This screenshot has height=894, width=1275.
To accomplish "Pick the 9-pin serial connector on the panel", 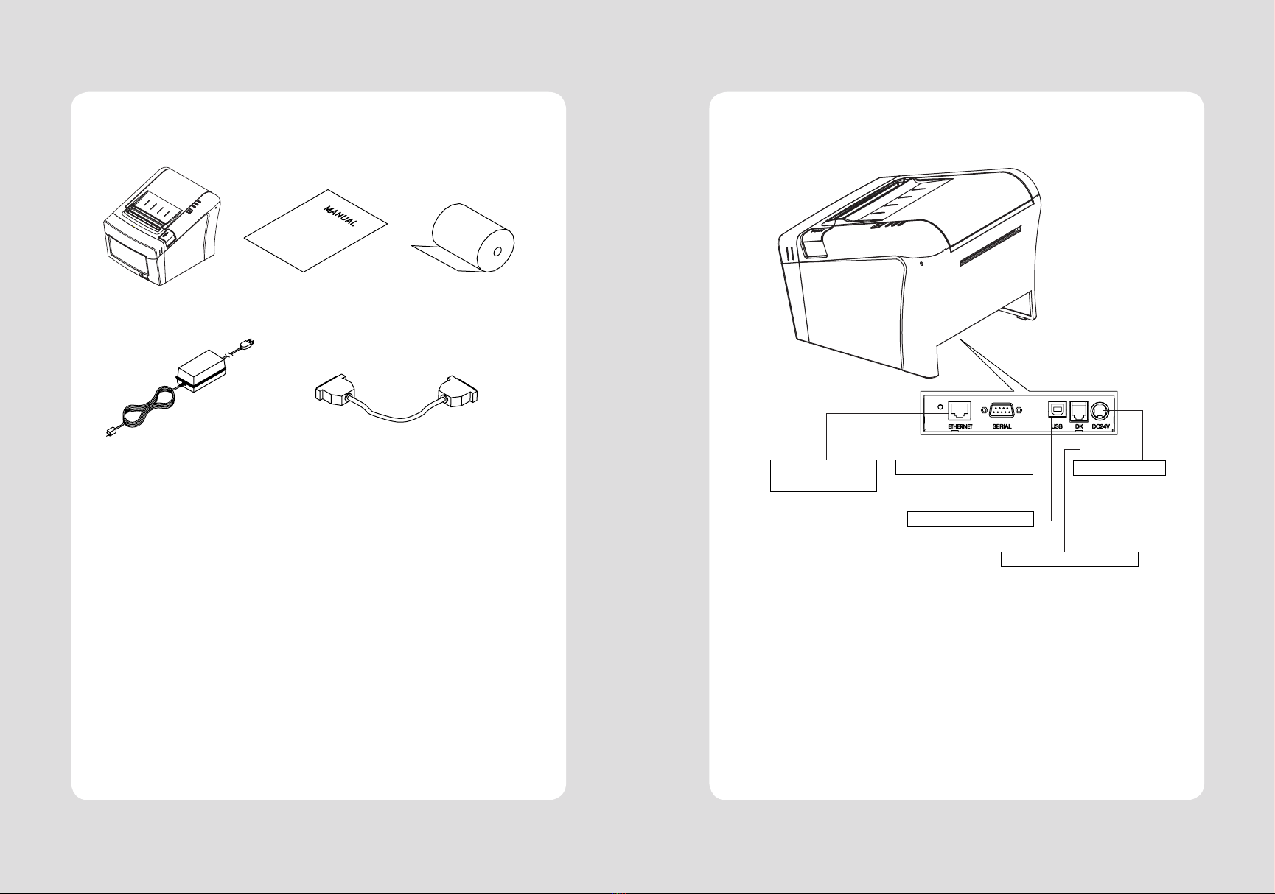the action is tap(1000, 411).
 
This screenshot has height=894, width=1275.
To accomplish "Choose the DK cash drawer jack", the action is tap(1078, 411).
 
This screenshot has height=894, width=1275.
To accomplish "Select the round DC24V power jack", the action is tap(1100, 411).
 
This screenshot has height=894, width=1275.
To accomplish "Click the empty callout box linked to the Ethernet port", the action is tap(823, 475).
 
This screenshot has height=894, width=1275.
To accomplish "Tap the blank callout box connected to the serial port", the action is tap(963, 467).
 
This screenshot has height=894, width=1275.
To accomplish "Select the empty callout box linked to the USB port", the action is tap(970, 519).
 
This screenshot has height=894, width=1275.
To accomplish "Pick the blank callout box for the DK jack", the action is tap(1069, 559).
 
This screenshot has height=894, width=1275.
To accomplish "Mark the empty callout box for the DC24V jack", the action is tap(1119, 467).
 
